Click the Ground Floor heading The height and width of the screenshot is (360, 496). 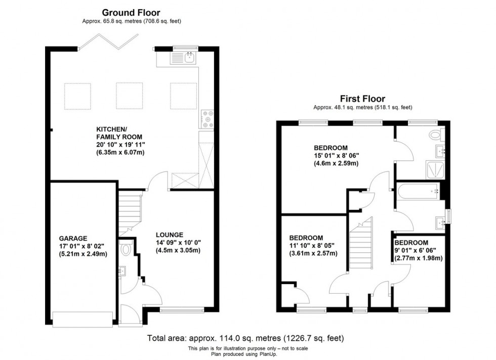131,12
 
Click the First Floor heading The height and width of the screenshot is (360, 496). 362,99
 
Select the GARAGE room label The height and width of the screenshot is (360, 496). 73,238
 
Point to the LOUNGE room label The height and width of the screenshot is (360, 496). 170,235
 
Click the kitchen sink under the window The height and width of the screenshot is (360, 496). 189,58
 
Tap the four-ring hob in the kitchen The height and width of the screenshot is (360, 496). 208,119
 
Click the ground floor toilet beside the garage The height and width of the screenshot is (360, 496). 126,249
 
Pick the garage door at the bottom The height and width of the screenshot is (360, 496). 82,319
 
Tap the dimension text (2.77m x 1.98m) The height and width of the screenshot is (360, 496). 419,258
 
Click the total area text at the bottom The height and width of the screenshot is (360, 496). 248,338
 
